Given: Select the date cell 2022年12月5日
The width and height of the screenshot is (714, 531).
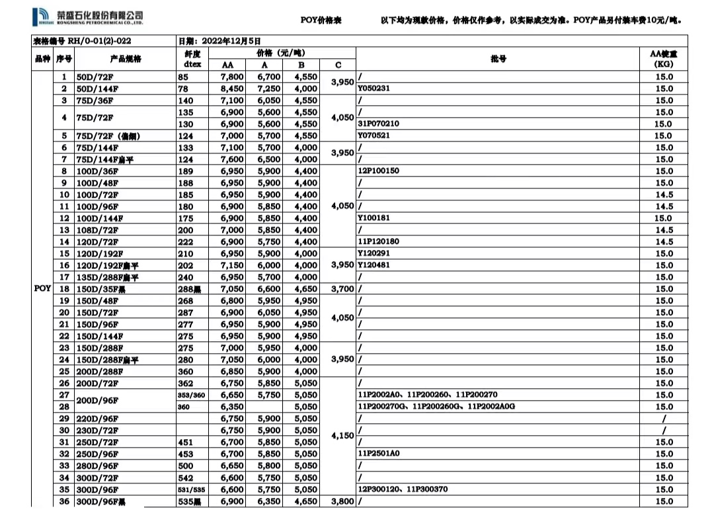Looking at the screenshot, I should [x=219, y=41].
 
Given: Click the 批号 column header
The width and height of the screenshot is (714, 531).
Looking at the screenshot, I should [x=499, y=59].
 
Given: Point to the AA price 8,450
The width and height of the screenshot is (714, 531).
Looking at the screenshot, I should [x=231, y=89].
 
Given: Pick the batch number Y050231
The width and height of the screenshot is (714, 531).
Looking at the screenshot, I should [x=374, y=89].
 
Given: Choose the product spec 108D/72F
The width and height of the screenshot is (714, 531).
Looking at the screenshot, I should [x=97, y=230].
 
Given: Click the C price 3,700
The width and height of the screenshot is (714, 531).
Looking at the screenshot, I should [x=338, y=289].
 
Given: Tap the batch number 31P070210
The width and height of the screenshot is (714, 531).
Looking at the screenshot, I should [x=378, y=124].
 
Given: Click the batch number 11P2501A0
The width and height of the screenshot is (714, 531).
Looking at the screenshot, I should [x=378, y=454].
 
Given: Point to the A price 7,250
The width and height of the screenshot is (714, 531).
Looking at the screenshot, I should [x=268, y=89].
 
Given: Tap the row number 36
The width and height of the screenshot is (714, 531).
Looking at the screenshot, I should [x=64, y=501].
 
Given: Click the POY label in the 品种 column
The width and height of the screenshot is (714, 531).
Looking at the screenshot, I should [x=42, y=289].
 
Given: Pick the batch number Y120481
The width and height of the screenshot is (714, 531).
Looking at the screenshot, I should [x=374, y=265].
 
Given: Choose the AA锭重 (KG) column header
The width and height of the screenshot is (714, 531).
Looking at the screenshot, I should [x=664, y=59].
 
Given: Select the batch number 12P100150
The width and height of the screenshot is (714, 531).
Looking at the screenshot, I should [x=378, y=171].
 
